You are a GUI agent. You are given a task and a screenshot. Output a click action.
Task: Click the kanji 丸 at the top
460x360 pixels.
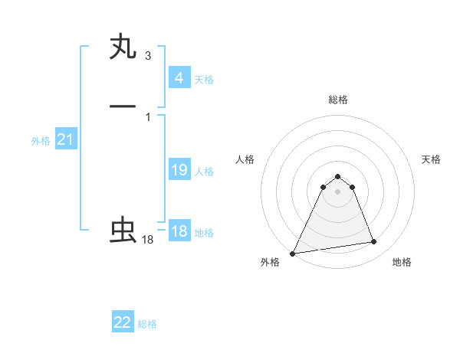(x=123, y=47)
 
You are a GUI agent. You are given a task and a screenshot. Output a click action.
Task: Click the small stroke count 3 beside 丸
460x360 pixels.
(x=148, y=56)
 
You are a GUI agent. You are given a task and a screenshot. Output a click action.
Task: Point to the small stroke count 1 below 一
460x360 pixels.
(x=148, y=116)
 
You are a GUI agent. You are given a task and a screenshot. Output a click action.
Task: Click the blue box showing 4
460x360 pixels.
(x=179, y=78)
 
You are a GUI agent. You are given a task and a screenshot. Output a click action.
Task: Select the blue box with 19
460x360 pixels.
(x=179, y=170)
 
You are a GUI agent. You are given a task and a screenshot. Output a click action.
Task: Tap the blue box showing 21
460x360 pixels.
(x=66, y=139)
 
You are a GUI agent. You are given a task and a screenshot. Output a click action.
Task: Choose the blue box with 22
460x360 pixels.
(x=123, y=322)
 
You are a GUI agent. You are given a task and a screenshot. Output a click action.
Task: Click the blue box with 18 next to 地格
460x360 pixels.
(x=179, y=231)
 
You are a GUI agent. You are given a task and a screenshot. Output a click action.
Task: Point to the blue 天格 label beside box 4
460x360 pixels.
(x=204, y=80)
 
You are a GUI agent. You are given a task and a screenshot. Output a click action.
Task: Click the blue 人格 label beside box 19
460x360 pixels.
(x=205, y=172)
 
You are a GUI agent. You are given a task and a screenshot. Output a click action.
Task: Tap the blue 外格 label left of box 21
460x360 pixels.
(x=41, y=141)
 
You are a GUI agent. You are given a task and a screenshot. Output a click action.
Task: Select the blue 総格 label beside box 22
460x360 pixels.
(x=147, y=324)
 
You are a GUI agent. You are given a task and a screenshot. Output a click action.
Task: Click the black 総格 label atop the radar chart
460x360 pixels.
(x=337, y=100)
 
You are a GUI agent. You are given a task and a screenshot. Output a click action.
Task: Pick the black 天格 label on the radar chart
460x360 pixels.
(x=431, y=159)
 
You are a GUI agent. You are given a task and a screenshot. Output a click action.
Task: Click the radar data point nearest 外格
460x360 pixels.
(x=293, y=253)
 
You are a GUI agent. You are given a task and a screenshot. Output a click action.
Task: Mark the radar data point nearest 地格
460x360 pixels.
(x=374, y=242)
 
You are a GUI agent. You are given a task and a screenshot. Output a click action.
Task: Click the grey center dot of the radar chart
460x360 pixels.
(x=337, y=191)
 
